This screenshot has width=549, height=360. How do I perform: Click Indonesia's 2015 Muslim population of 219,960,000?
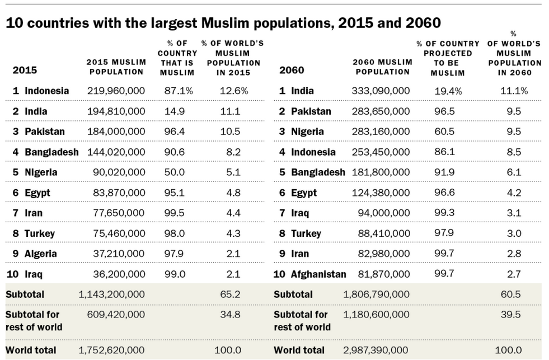click(116, 91)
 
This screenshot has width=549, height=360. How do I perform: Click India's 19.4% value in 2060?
click(446, 91)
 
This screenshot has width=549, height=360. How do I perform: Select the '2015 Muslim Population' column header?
click(116, 67)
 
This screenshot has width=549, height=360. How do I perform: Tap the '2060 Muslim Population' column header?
click(382, 67)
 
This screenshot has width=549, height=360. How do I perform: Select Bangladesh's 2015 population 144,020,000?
click(116, 152)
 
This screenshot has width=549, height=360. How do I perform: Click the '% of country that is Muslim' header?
click(177, 58)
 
